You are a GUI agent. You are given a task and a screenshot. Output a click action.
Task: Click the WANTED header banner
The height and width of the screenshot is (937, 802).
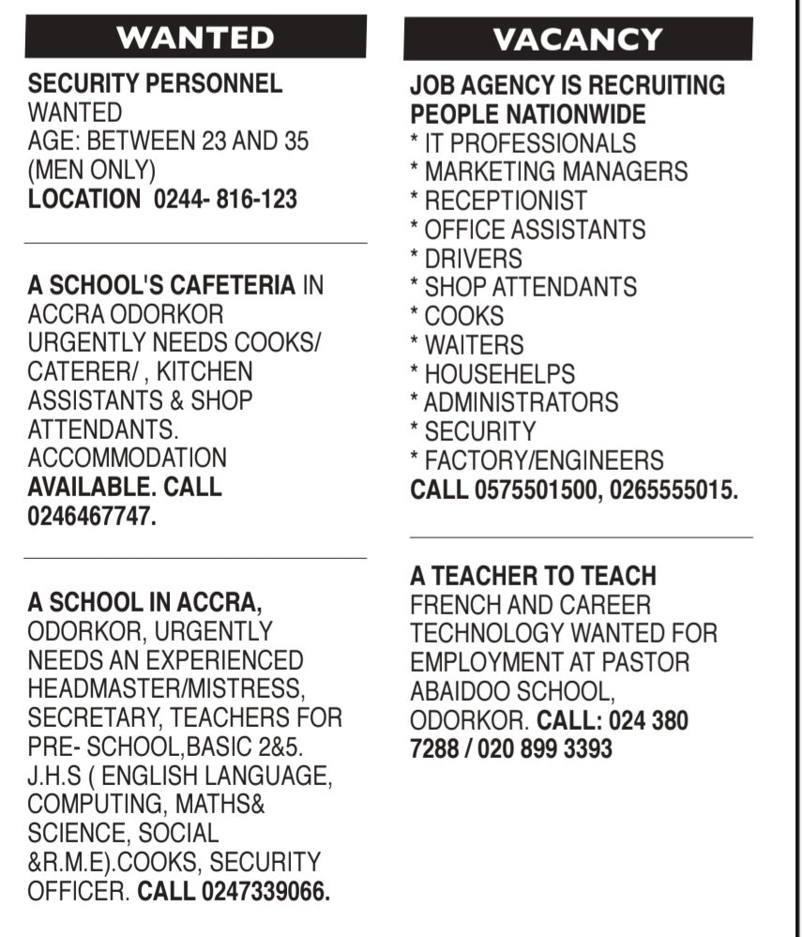click(195, 37)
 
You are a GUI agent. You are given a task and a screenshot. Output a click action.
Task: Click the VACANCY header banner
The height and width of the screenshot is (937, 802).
click(578, 39)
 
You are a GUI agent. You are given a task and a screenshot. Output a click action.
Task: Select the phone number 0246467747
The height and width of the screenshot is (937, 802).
click(92, 516)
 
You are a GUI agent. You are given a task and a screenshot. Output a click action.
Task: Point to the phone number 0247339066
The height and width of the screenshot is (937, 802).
click(265, 891)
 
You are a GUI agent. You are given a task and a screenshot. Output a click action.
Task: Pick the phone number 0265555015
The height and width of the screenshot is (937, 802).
click(673, 490)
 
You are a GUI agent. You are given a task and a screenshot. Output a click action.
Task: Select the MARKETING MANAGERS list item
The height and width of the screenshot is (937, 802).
click(555, 173)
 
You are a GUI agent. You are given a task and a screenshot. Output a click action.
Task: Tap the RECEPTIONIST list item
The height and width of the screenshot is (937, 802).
click(506, 201)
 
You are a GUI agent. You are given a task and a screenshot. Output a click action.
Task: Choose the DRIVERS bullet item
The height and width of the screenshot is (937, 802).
click(473, 259)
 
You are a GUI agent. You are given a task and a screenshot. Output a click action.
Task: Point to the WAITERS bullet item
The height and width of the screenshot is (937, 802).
click(474, 345)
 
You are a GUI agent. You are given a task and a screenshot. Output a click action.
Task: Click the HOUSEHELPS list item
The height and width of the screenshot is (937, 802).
click(499, 374)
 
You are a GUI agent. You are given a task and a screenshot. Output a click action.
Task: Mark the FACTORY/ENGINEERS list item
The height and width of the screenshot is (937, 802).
click(543, 461)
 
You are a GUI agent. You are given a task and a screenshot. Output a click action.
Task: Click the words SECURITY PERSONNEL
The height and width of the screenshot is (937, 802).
click(155, 83)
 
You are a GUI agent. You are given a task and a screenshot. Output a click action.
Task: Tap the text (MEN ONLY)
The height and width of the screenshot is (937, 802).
click(92, 170)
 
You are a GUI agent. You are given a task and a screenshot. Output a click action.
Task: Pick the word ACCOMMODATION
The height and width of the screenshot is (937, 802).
click(128, 459)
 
